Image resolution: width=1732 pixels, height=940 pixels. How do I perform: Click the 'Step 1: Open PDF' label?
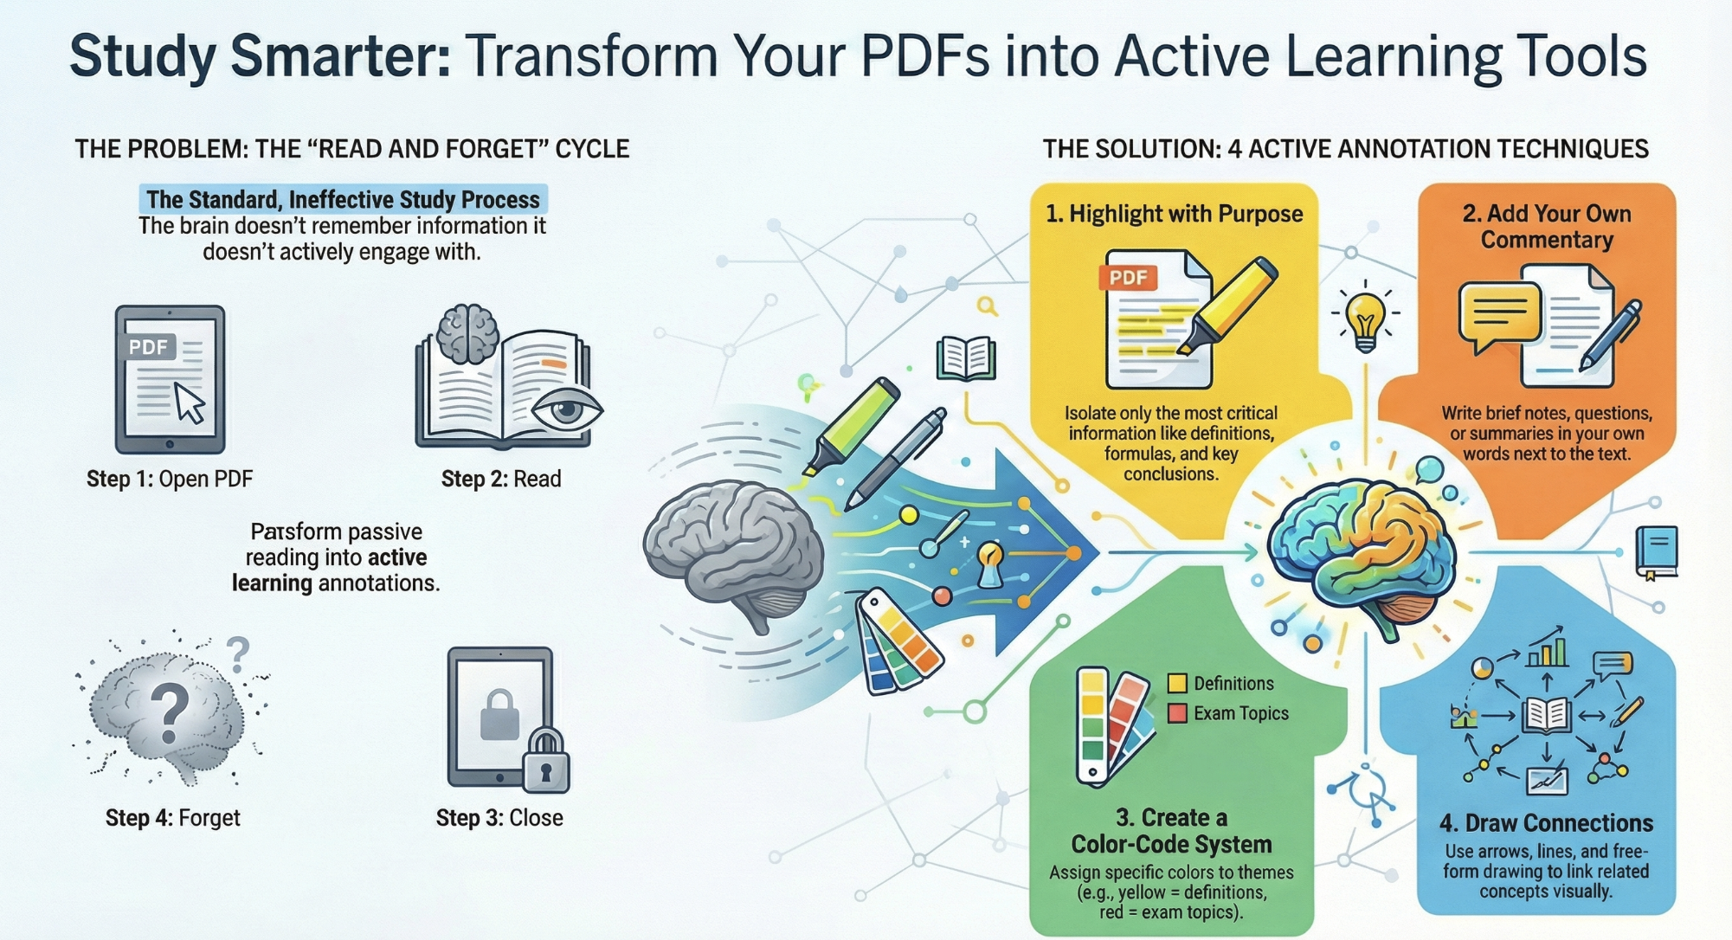[x=170, y=479]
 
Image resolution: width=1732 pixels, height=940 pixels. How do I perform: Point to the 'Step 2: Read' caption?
[x=501, y=479]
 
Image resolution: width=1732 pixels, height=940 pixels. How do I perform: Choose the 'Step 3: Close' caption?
[x=499, y=818]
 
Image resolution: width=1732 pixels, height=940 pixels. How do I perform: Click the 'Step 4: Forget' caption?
[x=172, y=818]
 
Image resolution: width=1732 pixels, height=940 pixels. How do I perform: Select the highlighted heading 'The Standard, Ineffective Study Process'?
[x=343, y=199]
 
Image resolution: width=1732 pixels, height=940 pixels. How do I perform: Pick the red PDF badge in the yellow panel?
[x=1128, y=278]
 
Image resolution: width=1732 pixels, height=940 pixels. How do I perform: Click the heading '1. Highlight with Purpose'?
[x=1174, y=214]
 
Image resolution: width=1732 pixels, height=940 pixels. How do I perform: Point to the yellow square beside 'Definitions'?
[x=1177, y=683]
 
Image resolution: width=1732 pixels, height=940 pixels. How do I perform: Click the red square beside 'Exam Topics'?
[x=1177, y=713]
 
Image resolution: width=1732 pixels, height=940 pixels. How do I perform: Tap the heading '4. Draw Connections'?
[x=1546, y=823]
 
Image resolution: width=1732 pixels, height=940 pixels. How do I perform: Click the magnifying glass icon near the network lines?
[x=987, y=306]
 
